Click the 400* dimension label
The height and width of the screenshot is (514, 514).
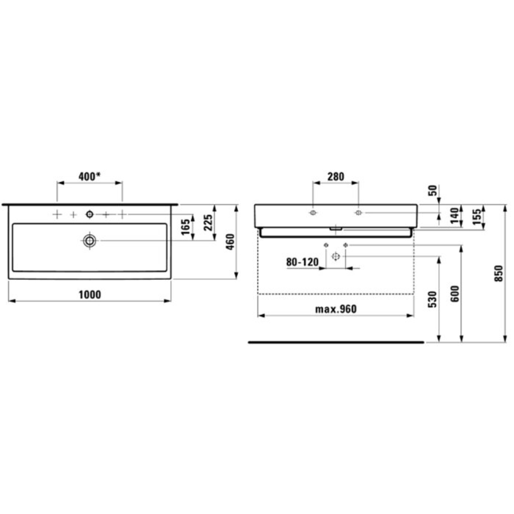[89, 176]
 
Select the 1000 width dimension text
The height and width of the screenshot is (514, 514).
[89, 295]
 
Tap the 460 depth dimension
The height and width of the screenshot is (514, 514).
[230, 242]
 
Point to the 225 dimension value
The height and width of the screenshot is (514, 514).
[208, 222]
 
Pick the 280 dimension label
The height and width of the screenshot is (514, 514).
[335, 176]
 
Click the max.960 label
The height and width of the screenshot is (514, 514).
[336, 309]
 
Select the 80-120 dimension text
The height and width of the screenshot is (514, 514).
[302, 262]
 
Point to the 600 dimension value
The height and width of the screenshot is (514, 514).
[455, 294]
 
